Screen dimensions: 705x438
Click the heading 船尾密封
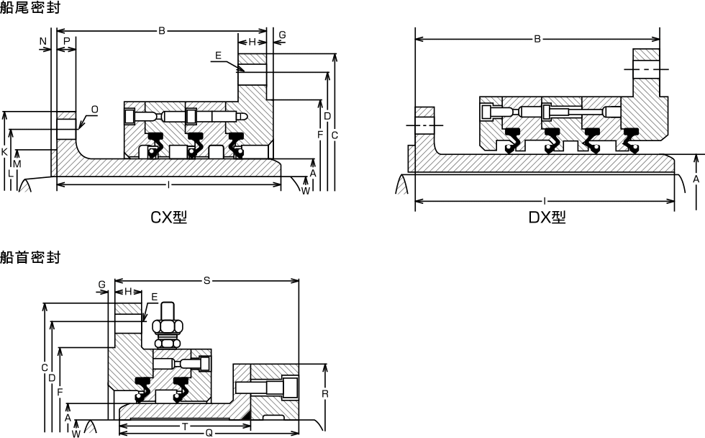click(29, 7)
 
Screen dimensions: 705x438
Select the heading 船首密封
click(29, 257)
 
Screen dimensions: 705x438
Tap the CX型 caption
click(168, 218)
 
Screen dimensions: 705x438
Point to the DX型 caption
click(547, 218)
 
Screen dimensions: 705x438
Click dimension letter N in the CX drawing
click(43, 41)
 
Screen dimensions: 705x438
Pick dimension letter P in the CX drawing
click(66, 41)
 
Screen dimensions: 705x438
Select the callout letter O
click(94, 109)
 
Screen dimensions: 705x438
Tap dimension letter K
click(4, 152)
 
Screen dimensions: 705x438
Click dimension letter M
click(17, 164)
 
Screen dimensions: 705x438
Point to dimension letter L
click(10, 174)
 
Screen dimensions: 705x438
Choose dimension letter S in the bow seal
click(207, 280)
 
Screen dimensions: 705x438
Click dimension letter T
click(185, 426)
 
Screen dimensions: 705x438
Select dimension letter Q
click(209, 433)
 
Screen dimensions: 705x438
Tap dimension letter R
click(325, 394)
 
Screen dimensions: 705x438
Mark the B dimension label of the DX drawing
click(537, 39)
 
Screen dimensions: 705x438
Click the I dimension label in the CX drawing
click(168, 184)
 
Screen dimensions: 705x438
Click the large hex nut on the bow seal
click(167, 326)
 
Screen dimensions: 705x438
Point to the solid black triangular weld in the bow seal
click(245, 415)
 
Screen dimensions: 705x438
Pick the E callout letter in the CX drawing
click(218, 55)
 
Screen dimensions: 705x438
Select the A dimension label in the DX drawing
click(696, 179)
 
